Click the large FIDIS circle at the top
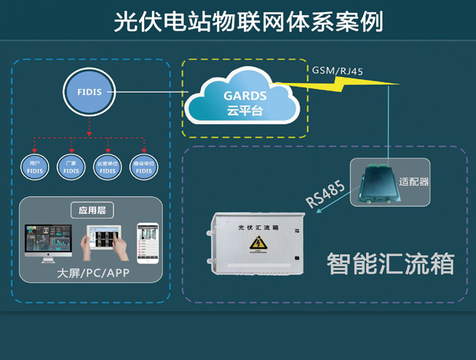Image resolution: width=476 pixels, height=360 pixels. coord(89,92)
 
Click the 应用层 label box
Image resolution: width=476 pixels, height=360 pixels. coord(92,212)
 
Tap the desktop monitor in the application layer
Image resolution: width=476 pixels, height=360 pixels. coord(48,241)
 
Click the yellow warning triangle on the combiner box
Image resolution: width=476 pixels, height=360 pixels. coord(256,242)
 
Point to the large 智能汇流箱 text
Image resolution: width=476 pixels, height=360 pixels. coord(390,263)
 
